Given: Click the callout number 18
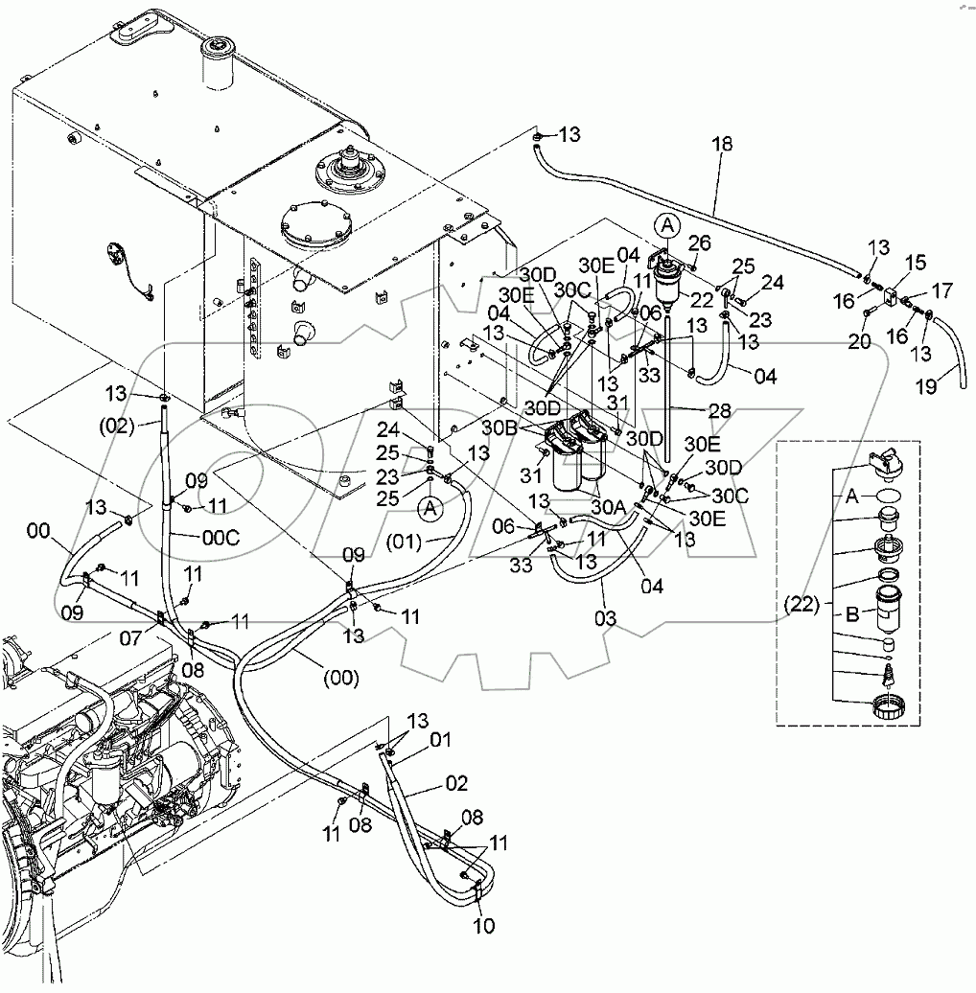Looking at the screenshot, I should (x=721, y=145).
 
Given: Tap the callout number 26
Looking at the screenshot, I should (x=700, y=242).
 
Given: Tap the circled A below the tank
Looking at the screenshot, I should (x=430, y=508).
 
